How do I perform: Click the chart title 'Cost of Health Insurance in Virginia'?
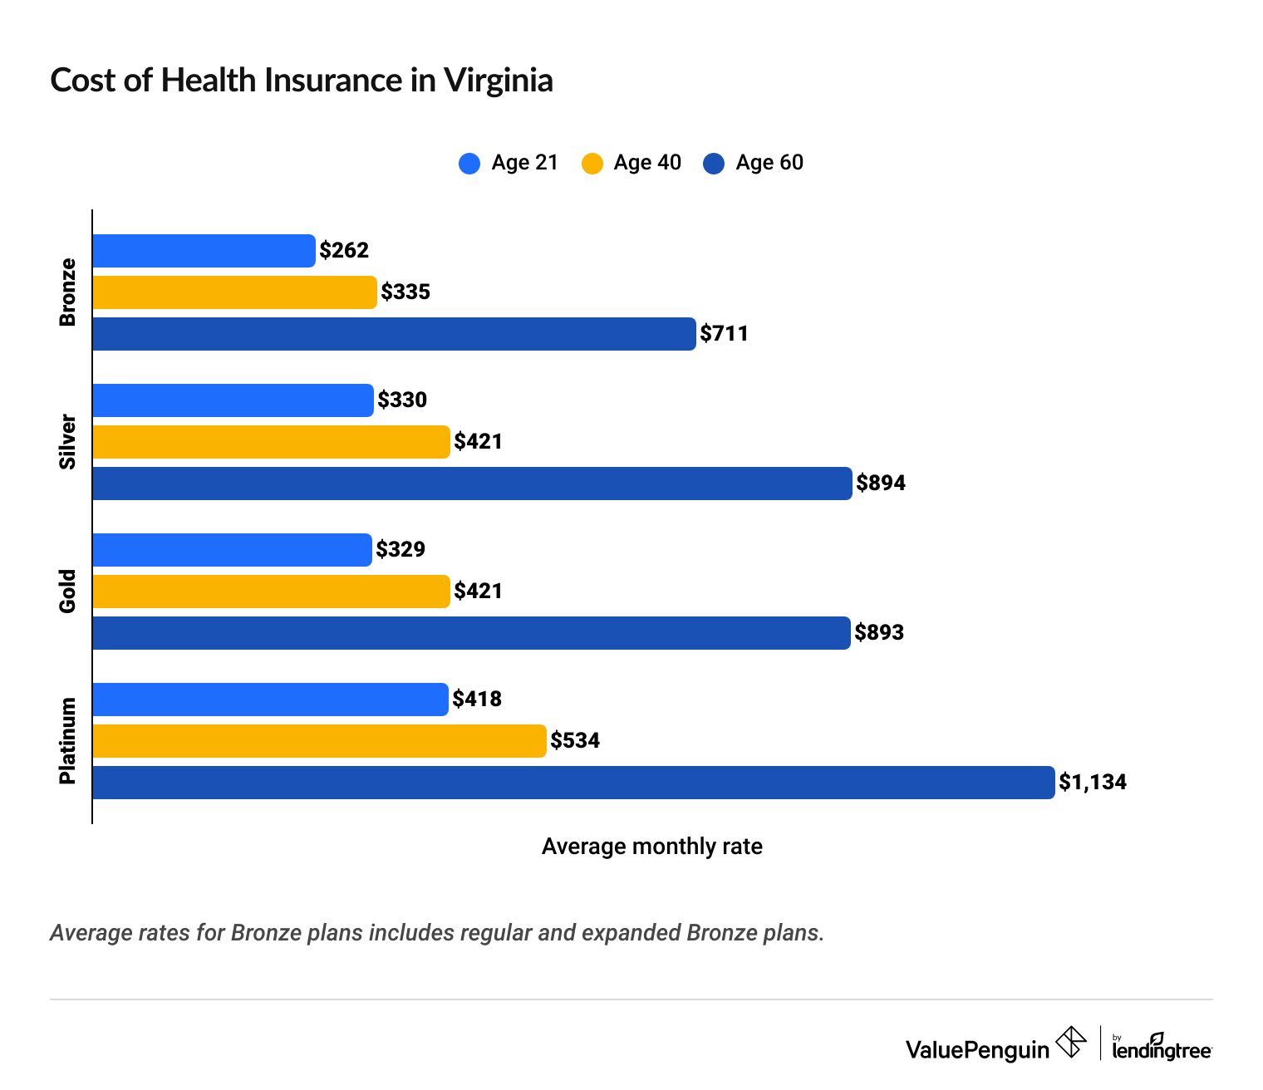coord(302,81)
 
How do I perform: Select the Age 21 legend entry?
coord(508,163)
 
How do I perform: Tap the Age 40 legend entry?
coord(631,163)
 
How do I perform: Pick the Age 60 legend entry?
coord(753,163)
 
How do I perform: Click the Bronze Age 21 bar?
coord(204,251)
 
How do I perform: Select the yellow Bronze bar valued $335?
coord(234,292)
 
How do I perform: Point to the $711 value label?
coord(724,334)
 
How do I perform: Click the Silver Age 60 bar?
coord(472,484)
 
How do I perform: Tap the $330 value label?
coord(402,400)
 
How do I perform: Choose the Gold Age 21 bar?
coord(232,550)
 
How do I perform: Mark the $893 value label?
coord(879,633)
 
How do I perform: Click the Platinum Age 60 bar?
coord(573,783)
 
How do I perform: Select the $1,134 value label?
coord(1093,783)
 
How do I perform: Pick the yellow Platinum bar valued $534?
coord(319,741)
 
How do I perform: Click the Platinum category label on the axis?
coord(67,740)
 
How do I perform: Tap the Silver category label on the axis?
coord(67,442)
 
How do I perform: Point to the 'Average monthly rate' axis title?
coord(651,847)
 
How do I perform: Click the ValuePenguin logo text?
coord(977,1050)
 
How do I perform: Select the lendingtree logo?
coord(1161,1048)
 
